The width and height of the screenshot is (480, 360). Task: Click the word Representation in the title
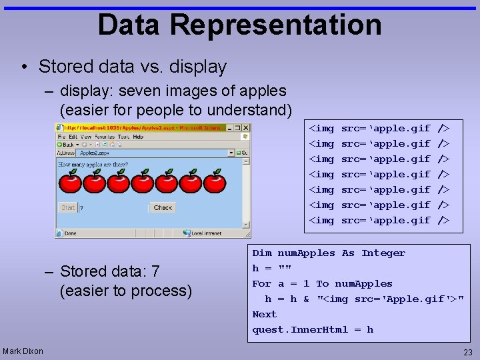[x=275, y=25]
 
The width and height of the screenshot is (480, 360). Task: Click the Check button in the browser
[x=163, y=208]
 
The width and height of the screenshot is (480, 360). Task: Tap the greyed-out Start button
[x=68, y=208]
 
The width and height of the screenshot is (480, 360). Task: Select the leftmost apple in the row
[x=70, y=181]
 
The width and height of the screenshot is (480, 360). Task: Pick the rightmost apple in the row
[x=214, y=181]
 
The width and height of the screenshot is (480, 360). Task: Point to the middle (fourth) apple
[x=142, y=181]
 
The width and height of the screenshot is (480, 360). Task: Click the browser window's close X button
[x=245, y=127]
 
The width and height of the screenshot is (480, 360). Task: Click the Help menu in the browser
[x=138, y=137]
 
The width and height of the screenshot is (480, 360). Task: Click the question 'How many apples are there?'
[x=93, y=164]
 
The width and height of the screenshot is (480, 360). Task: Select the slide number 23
[x=467, y=353]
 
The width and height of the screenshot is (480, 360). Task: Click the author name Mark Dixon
[x=23, y=351]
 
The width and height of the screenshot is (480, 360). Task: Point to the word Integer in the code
[x=383, y=253]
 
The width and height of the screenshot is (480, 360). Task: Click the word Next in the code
[x=264, y=315]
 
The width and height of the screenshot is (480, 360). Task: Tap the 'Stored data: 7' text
[x=109, y=271]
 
